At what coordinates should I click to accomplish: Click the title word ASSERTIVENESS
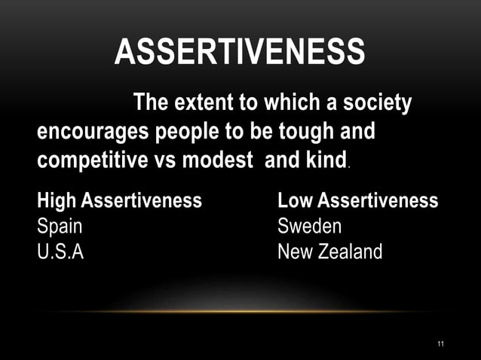(240, 53)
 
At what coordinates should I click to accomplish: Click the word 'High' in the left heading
(57, 201)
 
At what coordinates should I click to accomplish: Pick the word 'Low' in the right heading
(296, 201)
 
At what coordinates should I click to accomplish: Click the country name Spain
(60, 226)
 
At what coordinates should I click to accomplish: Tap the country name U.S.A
(60, 252)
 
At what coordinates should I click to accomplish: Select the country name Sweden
(309, 226)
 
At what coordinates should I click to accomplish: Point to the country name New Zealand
(329, 252)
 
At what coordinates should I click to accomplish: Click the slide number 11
(440, 344)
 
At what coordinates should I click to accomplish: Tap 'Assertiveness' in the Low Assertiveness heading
(378, 201)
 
